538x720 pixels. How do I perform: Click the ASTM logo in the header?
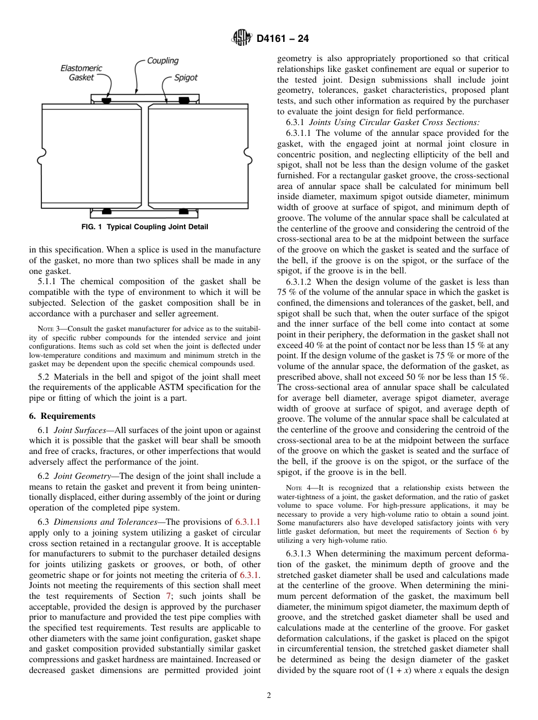[x=242, y=38]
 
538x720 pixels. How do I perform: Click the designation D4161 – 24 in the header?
[x=282, y=39]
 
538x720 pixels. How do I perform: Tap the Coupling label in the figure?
[x=163, y=61]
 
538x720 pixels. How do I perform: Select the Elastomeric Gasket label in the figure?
[x=82, y=73]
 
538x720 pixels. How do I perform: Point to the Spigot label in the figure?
[x=186, y=78]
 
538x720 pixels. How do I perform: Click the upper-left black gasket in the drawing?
[x=106, y=101]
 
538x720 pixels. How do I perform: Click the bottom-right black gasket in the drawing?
[x=183, y=211]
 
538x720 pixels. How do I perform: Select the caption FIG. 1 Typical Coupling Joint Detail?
[x=145, y=227]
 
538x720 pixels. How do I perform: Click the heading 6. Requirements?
[x=62, y=416]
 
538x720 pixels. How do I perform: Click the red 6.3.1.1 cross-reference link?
[x=247, y=522]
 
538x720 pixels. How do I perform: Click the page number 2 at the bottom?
[x=269, y=696]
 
